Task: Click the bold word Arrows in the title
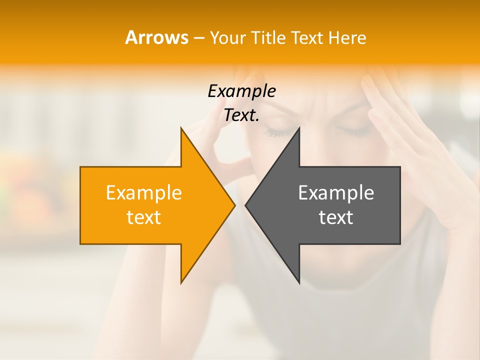[x=156, y=37]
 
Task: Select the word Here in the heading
[x=347, y=37]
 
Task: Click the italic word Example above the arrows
[x=241, y=91]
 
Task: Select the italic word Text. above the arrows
[x=241, y=115]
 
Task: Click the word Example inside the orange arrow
[x=144, y=192]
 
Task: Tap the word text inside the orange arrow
[x=144, y=217]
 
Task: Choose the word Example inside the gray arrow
[x=336, y=192]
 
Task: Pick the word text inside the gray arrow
[x=336, y=217]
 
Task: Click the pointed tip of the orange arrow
[x=234, y=205]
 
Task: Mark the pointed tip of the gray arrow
[x=245, y=205]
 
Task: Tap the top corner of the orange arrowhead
[x=181, y=128]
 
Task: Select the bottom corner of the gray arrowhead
[x=299, y=283]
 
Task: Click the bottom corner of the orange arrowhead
[x=181, y=283]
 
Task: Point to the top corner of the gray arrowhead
[x=299, y=128]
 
